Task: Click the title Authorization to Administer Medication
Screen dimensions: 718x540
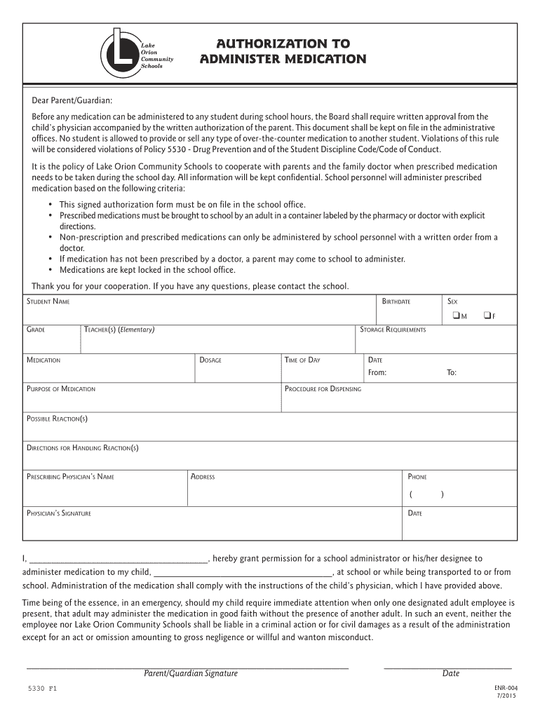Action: coord(283,52)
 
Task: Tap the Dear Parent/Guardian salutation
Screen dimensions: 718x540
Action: coord(72,101)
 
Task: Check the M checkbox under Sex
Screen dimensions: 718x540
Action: coord(456,315)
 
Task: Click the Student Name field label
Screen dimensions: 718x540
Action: coord(48,302)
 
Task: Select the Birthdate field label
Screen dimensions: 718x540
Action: coord(396,302)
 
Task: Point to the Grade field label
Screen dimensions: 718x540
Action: coord(36,330)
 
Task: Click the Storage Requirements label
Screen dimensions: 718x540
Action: coord(393,330)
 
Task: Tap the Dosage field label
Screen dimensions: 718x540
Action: coord(210,360)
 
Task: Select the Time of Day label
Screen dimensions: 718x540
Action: coord(302,360)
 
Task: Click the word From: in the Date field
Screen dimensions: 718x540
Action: coord(377,372)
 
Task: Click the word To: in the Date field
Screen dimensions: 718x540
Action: coord(452,372)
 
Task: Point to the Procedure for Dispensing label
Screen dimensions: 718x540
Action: coord(323,388)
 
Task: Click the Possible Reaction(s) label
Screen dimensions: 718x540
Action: coord(57,419)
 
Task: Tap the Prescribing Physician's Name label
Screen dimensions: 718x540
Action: coord(70,477)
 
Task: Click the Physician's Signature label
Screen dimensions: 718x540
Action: coord(59,513)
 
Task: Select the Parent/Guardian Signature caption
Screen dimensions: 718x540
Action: coord(191,673)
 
